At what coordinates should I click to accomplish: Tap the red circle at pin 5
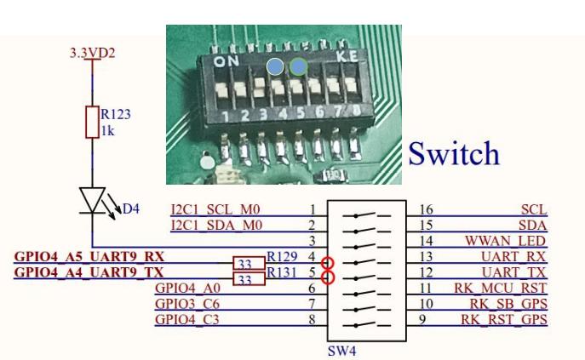[326, 277]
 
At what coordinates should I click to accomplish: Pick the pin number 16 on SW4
[428, 209]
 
